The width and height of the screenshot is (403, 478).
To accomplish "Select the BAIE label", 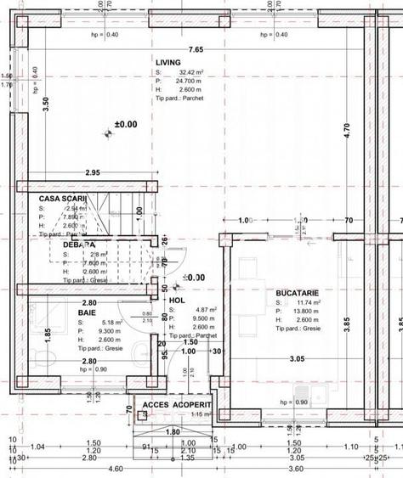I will point(87,312).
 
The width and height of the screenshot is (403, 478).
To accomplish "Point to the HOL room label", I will point(177,301).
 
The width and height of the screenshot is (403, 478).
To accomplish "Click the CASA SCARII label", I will point(63,198).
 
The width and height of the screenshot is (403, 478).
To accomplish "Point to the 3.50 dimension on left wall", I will point(46,104).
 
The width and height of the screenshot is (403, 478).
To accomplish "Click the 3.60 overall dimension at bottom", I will point(298,468).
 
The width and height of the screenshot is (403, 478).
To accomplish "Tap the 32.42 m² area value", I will point(187,73).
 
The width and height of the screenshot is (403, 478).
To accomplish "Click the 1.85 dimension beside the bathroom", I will point(48,335).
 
